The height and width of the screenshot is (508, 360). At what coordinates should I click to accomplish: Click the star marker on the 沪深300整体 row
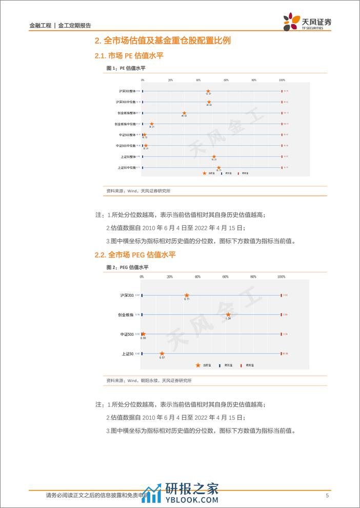coord(208,91)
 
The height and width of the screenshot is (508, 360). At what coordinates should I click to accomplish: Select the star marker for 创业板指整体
coord(184,113)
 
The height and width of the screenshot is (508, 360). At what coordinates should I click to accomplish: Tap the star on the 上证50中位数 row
coord(218,168)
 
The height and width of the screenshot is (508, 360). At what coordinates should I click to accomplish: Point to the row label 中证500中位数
coord(126,146)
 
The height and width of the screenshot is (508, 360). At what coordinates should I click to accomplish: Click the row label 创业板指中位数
coord(125,124)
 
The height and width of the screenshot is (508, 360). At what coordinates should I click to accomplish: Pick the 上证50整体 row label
coord(126,156)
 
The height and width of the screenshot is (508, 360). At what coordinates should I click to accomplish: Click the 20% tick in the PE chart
coord(170,80)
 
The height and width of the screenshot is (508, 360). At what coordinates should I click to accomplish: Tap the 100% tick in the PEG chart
coord(281,277)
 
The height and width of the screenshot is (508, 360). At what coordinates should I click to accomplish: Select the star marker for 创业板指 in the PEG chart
coord(229,315)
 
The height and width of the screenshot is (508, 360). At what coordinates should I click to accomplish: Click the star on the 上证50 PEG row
coord(162,353)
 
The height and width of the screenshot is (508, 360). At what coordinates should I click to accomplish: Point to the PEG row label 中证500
coord(127,334)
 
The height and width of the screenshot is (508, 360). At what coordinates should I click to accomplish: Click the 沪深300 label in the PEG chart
coord(127,295)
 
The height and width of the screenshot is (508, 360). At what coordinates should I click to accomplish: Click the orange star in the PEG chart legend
coord(198,365)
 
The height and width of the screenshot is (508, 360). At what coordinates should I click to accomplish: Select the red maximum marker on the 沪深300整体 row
coord(282,91)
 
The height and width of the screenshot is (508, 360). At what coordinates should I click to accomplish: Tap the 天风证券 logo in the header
coord(308,22)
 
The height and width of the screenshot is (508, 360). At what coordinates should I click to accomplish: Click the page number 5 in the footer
coord(327,496)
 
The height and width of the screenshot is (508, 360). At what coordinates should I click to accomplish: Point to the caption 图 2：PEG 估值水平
coord(127,268)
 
